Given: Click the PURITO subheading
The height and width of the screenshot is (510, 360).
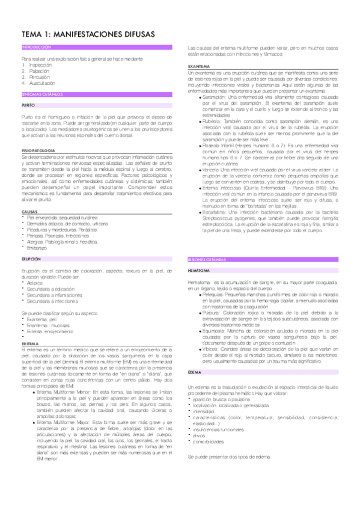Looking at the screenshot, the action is (x=27, y=105).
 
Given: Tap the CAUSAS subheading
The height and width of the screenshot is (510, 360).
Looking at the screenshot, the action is (x=28, y=212).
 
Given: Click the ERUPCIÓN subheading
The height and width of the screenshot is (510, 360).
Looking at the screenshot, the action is (x=30, y=258).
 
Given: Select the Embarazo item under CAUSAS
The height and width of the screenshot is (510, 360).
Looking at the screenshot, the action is (x=38, y=248).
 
